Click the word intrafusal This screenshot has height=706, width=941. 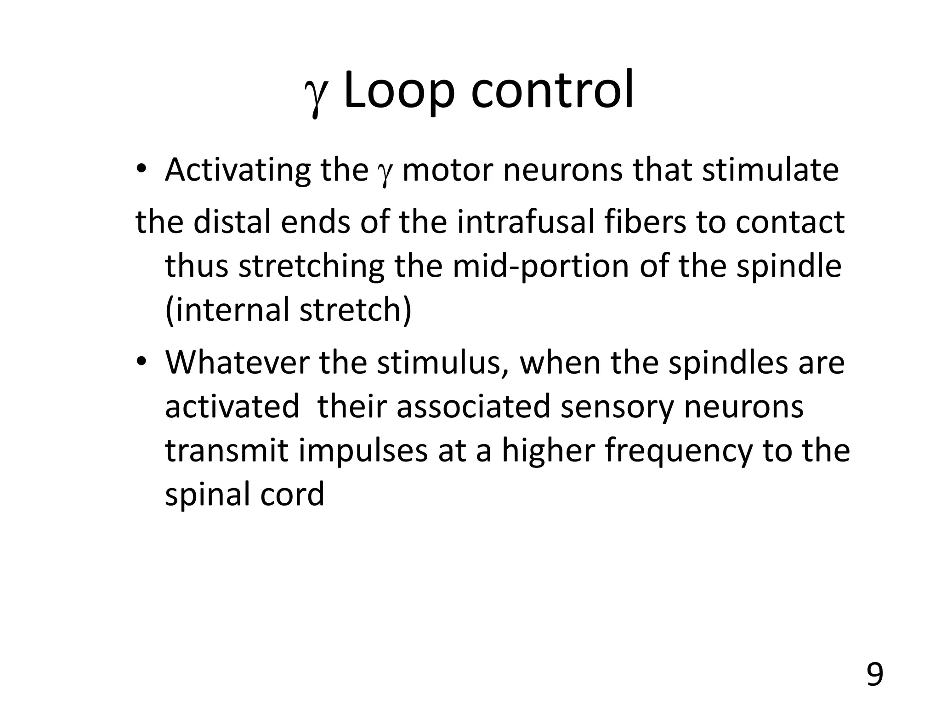(522, 222)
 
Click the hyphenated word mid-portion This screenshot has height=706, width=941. (540, 267)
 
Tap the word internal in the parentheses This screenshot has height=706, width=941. (232, 309)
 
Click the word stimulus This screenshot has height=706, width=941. (442, 363)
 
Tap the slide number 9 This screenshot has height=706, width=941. (874, 675)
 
